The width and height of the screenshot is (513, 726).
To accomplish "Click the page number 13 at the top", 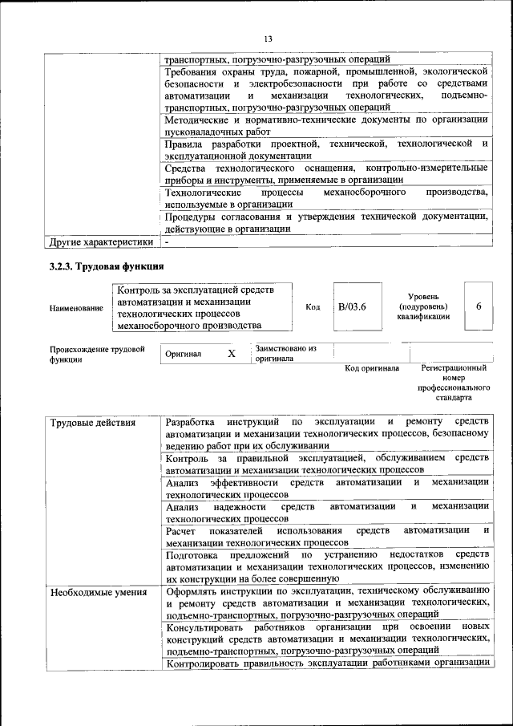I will click(268, 39).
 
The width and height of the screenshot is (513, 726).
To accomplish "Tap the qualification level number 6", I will click(479, 306).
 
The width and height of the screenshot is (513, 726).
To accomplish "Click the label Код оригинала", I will click(372, 368).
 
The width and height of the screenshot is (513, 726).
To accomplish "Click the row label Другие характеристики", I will click(101, 241).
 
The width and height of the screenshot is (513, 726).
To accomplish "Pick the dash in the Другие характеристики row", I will click(167, 241).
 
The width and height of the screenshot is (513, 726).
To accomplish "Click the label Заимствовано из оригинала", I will click(286, 354).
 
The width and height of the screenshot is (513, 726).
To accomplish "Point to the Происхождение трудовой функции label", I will click(96, 355).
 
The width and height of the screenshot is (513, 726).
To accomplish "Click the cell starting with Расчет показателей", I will click(326, 537).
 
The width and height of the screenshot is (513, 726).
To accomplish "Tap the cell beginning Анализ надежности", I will click(326, 513).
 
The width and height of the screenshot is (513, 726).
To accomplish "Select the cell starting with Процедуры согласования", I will click(326, 222).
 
